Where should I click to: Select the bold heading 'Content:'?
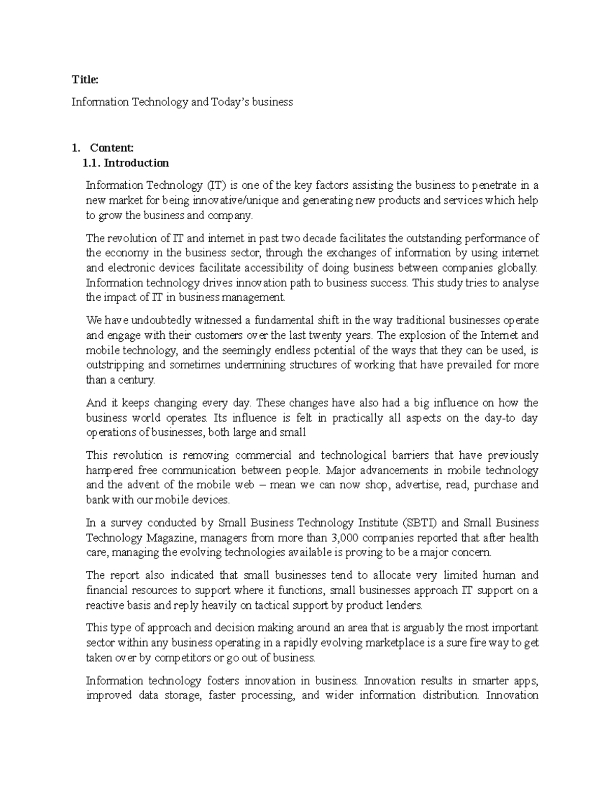[x=112, y=148]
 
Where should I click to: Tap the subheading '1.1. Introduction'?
[x=126, y=163]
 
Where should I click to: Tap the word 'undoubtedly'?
[x=158, y=320]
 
